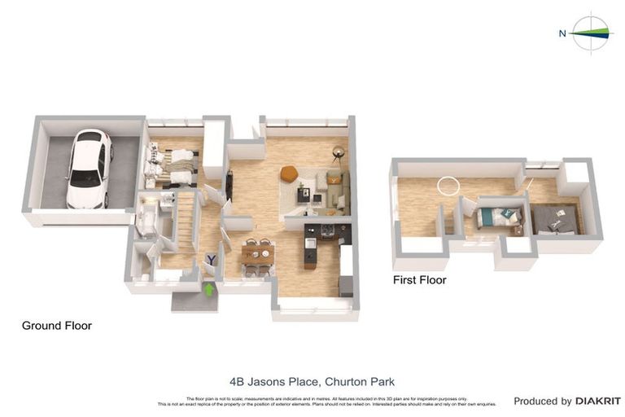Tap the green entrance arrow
(x=208, y=288)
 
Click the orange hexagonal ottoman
(x=288, y=173)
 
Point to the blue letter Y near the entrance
(x=211, y=260)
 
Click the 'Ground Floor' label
(x=56, y=326)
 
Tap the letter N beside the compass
(x=562, y=33)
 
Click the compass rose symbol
(x=592, y=33)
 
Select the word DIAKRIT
(x=598, y=401)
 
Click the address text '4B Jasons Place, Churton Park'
(x=312, y=380)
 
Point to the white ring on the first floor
(x=448, y=186)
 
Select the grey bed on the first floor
(x=555, y=218)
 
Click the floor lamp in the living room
(x=338, y=153)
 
